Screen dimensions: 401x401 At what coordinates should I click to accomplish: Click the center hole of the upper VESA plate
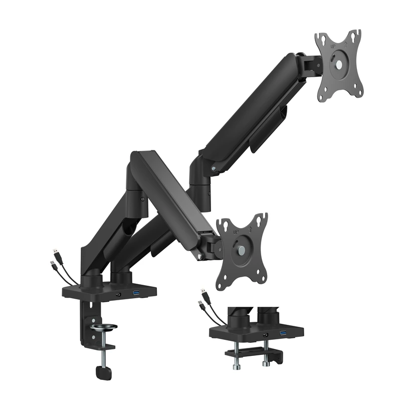pos(339,65)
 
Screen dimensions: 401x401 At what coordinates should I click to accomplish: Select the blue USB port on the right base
pos(283,334)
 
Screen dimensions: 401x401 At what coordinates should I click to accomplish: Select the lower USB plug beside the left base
pos(54,264)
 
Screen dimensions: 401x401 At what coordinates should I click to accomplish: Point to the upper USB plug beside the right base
pos(203,293)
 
